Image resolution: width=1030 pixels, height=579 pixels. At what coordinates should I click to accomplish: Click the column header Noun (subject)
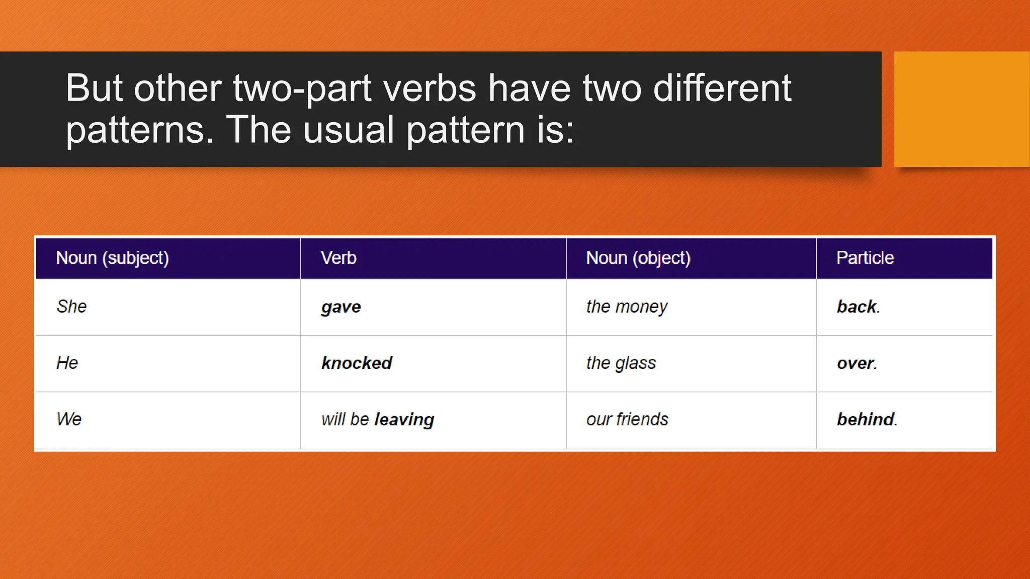tap(112, 258)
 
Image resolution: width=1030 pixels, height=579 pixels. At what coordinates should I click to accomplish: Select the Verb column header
tap(338, 258)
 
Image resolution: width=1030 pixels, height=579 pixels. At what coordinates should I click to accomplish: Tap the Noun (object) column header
tap(638, 258)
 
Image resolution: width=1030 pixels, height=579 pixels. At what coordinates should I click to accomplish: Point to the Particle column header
tap(865, 258)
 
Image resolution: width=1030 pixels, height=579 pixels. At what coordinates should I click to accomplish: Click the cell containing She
tap(71, 307)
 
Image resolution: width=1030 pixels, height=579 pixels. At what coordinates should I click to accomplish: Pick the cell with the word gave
tap(341, 307)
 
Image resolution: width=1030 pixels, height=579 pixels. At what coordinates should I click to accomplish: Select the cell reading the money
tap(627, 307)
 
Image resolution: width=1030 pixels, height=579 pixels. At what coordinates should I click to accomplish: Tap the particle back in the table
tap(857, 307)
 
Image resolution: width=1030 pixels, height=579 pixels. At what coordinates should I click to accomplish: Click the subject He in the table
tap(67, 363)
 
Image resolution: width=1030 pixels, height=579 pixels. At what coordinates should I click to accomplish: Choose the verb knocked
tap(357, 363)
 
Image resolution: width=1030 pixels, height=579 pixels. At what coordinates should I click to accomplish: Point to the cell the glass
tap(621, 363)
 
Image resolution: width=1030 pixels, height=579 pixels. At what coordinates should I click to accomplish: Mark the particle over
tap(856, 363)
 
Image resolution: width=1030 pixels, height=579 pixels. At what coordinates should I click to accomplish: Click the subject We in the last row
tap(69, 419)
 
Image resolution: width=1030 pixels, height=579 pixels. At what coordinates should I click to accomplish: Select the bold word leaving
tap(404, 420)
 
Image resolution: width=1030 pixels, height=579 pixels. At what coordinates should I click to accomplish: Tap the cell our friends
tap(627, 419)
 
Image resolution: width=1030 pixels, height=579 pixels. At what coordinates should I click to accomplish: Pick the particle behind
tap(866, 419)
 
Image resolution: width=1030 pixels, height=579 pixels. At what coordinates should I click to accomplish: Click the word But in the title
tap(94, 88)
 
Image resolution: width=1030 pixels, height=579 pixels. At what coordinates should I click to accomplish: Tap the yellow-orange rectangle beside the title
tap(961, 109)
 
